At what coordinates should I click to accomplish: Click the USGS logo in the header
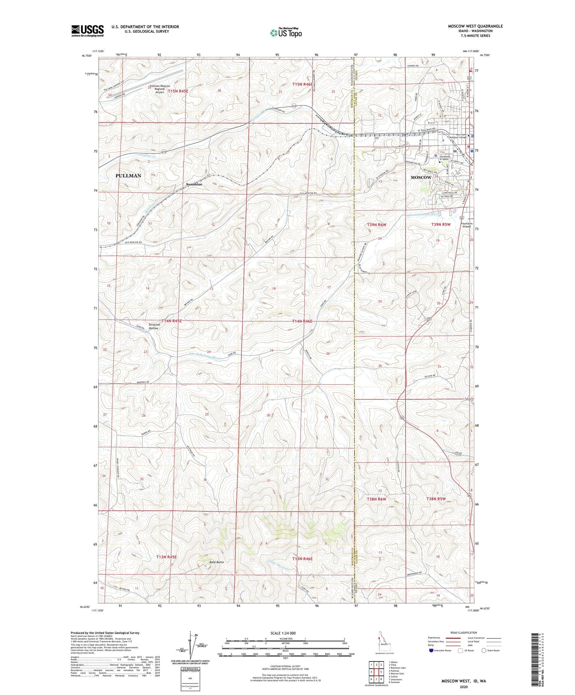tap(88, 31)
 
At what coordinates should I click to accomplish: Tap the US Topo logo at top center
tap(285, 33)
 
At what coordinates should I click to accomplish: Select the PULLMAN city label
tap(128, 176)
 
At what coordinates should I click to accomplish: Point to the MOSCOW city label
tap(421, 178)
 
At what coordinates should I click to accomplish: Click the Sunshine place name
tap(194, 185)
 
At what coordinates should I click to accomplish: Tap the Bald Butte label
tap(217, 562)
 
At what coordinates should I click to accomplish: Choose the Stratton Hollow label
tap(154, 326)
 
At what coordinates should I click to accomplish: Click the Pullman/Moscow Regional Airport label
tap(160, 89)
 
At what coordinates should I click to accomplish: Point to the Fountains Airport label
tap(466, 225)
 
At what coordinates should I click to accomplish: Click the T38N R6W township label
tap(376, 499)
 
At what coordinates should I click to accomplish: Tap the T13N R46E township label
tap(302, 559)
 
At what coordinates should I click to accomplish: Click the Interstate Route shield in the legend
tap(432, 650)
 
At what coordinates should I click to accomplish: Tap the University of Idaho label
tap(446, 158)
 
